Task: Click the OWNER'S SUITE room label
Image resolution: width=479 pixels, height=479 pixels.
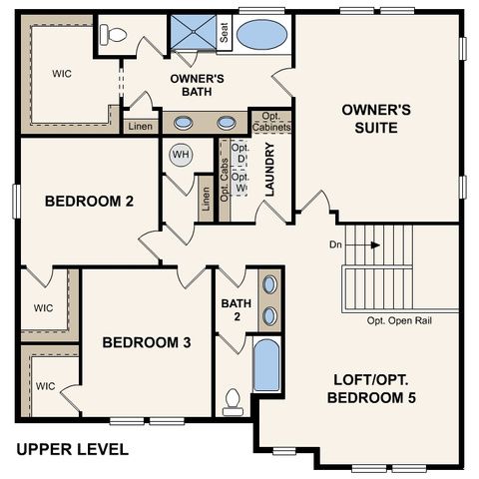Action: (x=370, y=118)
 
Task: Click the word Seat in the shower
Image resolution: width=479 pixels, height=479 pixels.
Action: (x=226, y=34)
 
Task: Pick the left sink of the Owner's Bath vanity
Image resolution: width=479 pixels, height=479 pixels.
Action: (x=185, y=124)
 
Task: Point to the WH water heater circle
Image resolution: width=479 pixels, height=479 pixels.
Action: (x=181, y=155)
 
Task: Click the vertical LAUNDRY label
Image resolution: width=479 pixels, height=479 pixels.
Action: (x=269, y=170)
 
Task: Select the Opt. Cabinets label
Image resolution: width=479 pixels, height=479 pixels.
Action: (x=270, y=122)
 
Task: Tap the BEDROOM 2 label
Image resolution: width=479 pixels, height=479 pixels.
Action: (x=89, y=201)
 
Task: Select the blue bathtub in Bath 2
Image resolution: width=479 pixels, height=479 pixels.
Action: (x=266, y=365)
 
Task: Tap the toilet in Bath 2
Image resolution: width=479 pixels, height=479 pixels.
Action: (x=234, y=400)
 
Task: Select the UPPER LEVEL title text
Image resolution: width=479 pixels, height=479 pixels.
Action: (x=73, y=449)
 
